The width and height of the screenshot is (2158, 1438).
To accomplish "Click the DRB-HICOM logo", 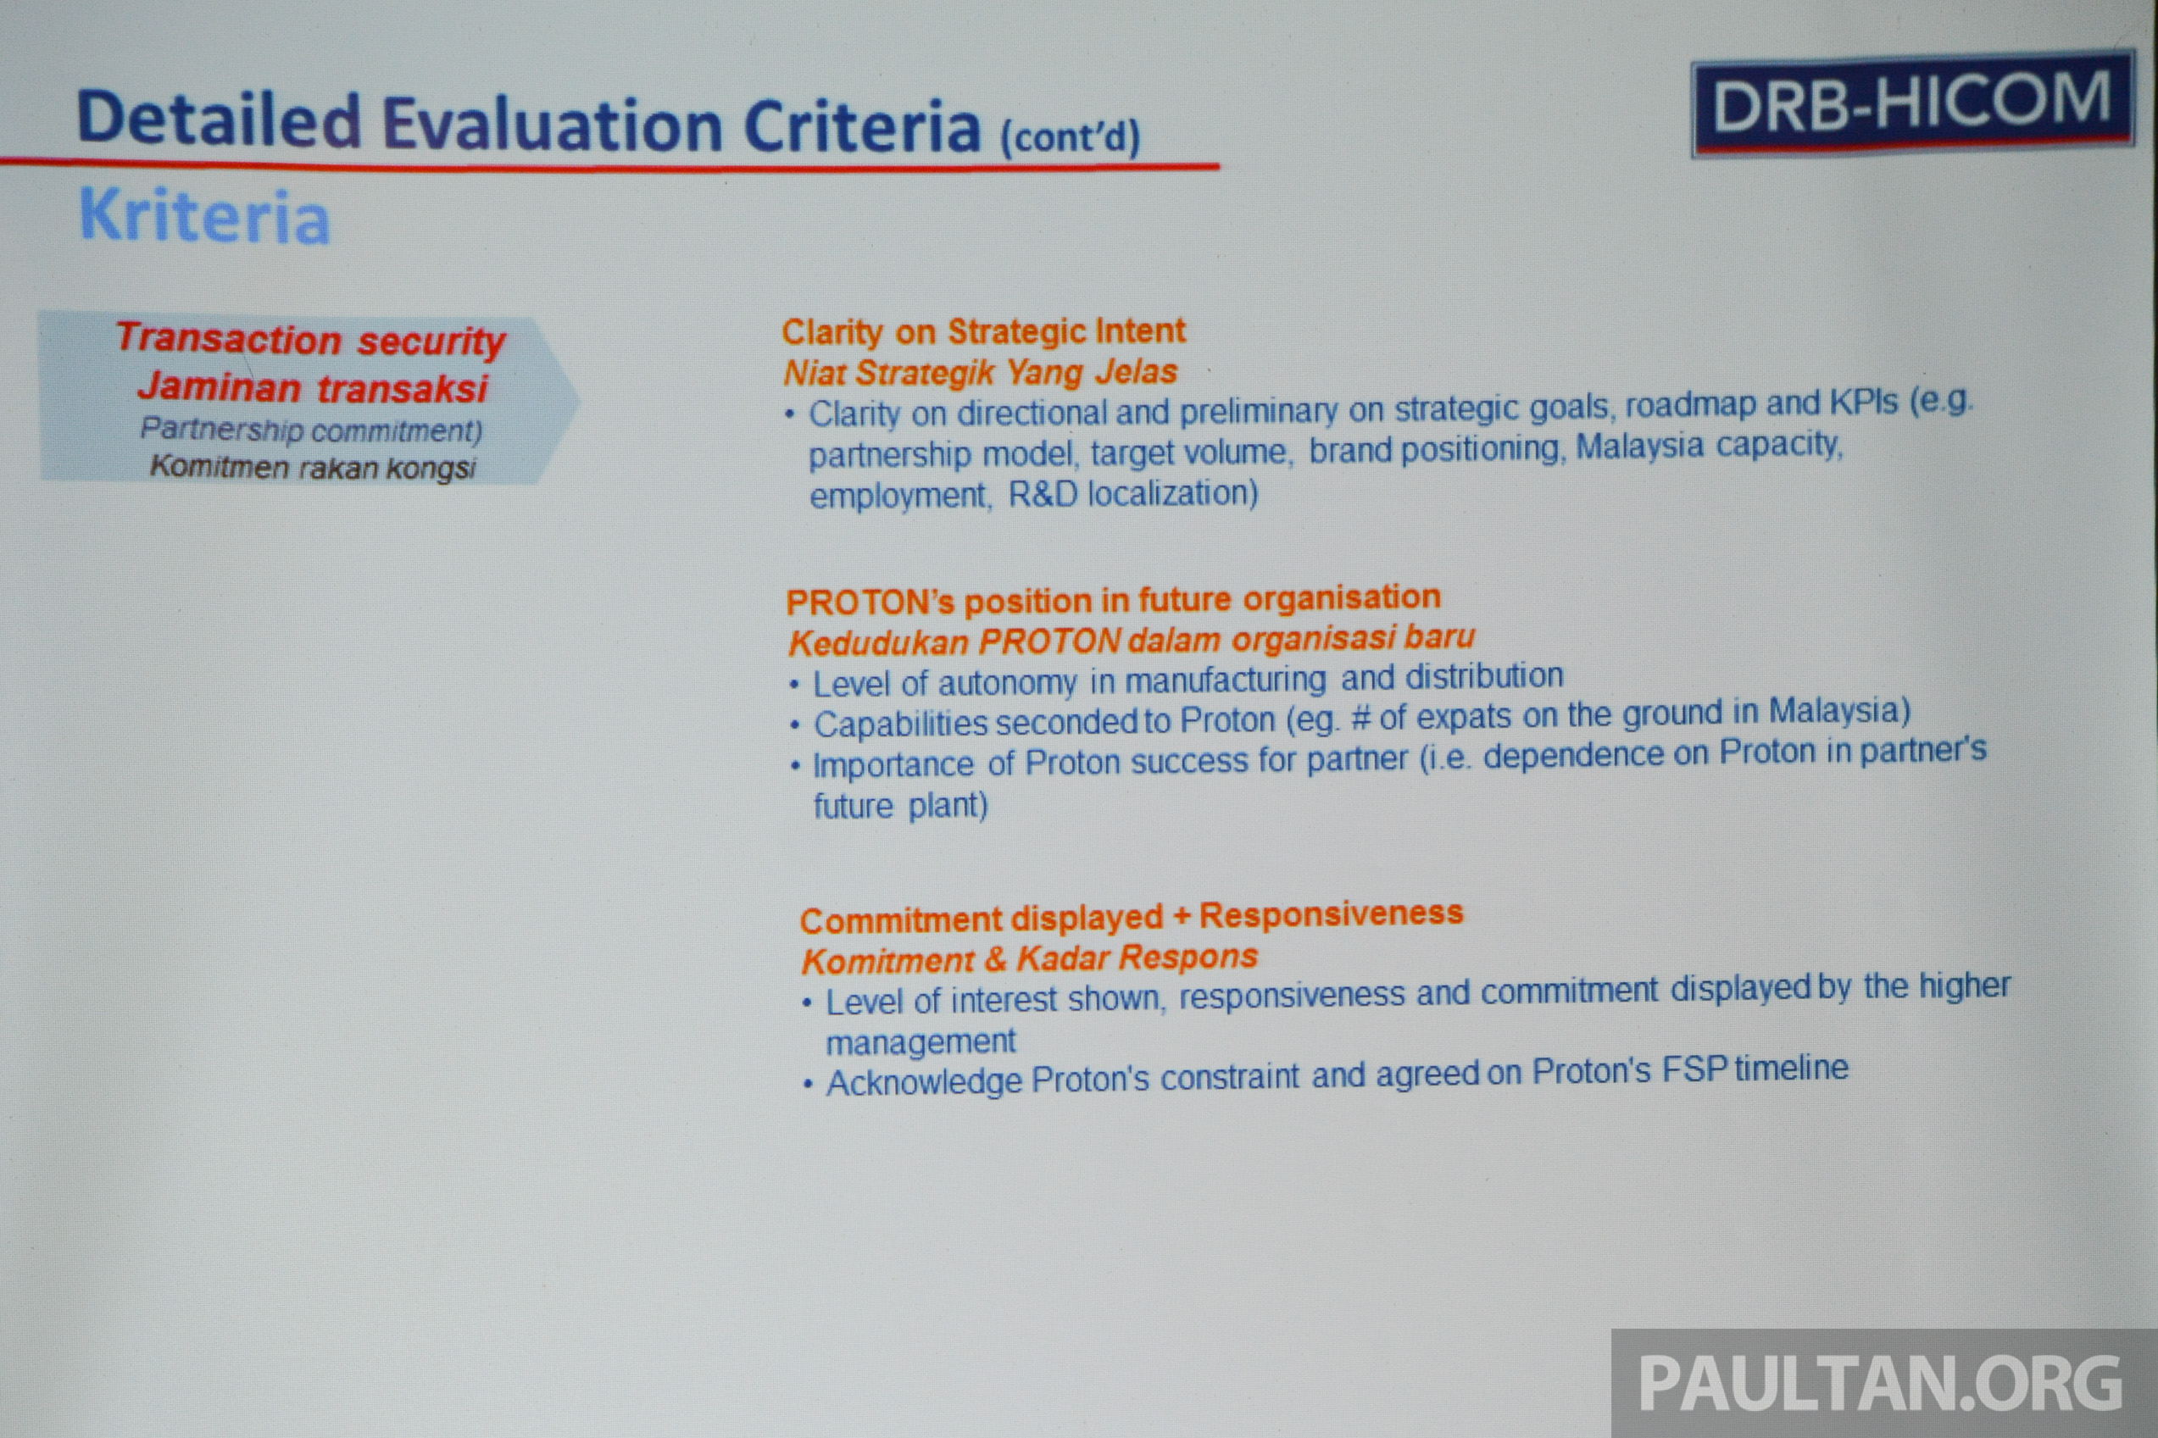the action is tap(1913, 103).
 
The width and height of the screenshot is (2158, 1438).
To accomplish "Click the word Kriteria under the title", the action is tap(204, 216).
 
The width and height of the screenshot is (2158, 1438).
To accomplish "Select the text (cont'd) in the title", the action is tap(1071, 137).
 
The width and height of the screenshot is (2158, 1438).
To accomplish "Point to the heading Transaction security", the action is tap(310, 339).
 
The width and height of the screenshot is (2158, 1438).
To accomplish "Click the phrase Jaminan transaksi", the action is tap(313, 388).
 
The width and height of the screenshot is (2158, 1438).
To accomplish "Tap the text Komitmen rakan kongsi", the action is tap(313, 467).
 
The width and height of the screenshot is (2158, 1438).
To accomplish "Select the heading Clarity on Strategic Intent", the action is tap(983, 331).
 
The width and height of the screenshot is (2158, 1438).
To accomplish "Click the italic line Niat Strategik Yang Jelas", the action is tap(980, 372).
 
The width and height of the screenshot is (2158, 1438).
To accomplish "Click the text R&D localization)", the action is tap(1132, 494).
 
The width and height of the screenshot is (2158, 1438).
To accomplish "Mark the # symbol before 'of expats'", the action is tap(1361, 718).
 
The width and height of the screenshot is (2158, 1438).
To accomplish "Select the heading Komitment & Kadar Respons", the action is tap(1029, 958).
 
